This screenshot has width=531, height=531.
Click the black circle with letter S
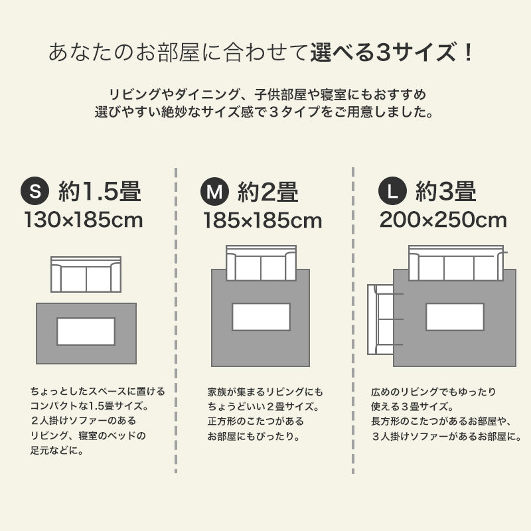(36, 192)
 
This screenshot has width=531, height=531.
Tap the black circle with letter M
(214, 192)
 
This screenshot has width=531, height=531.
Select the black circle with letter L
(392, 192)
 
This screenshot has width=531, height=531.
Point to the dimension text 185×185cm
(262, 220)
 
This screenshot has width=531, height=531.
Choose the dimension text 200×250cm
(443, 220)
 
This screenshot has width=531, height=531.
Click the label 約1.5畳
(99, 192)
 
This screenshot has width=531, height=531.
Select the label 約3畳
(445, 192)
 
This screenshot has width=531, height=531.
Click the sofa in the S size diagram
(86, 274)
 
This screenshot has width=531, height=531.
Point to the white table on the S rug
(86, 331)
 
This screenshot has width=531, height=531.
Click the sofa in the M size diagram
(261, 264)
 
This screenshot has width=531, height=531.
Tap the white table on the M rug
(261, 317)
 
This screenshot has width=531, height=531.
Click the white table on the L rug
(455, 317)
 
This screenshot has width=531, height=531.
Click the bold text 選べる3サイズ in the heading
(393, 52)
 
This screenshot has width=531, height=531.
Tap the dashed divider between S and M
(176, 319)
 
